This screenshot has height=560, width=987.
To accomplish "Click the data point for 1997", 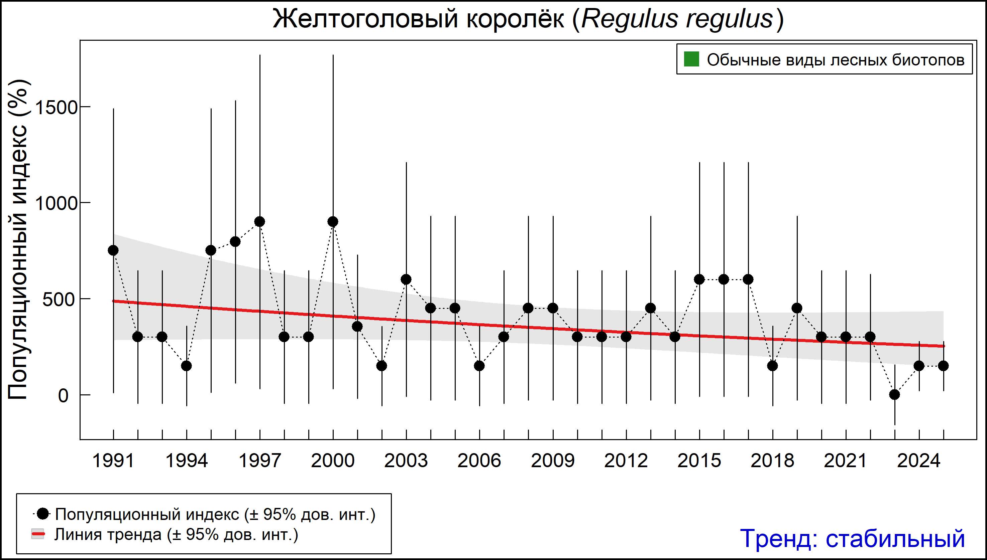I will point(260,221).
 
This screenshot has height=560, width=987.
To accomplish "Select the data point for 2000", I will point(333,221).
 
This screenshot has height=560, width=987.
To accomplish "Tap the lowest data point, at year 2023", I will point(895,395).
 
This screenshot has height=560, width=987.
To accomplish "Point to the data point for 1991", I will point(113,250).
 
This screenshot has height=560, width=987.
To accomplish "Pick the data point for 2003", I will point(406,279).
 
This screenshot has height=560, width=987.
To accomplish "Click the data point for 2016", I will point(724,279).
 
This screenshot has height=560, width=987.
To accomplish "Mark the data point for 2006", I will point(479,366).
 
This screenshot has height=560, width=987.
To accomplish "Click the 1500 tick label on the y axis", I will point(57,107).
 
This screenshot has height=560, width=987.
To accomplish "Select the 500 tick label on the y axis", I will point(58,300).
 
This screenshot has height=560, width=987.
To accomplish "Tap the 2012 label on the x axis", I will point(626,461).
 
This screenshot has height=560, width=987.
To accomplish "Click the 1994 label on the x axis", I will point(186,461).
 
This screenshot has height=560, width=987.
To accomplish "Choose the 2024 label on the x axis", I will point(919,461).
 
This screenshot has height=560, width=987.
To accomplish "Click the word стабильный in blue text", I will point(895,538).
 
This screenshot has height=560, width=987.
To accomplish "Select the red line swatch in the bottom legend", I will point(38,534).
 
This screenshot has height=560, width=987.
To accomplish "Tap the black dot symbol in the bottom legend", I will point(43,514).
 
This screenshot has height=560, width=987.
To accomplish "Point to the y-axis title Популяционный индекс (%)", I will point(18,240).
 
